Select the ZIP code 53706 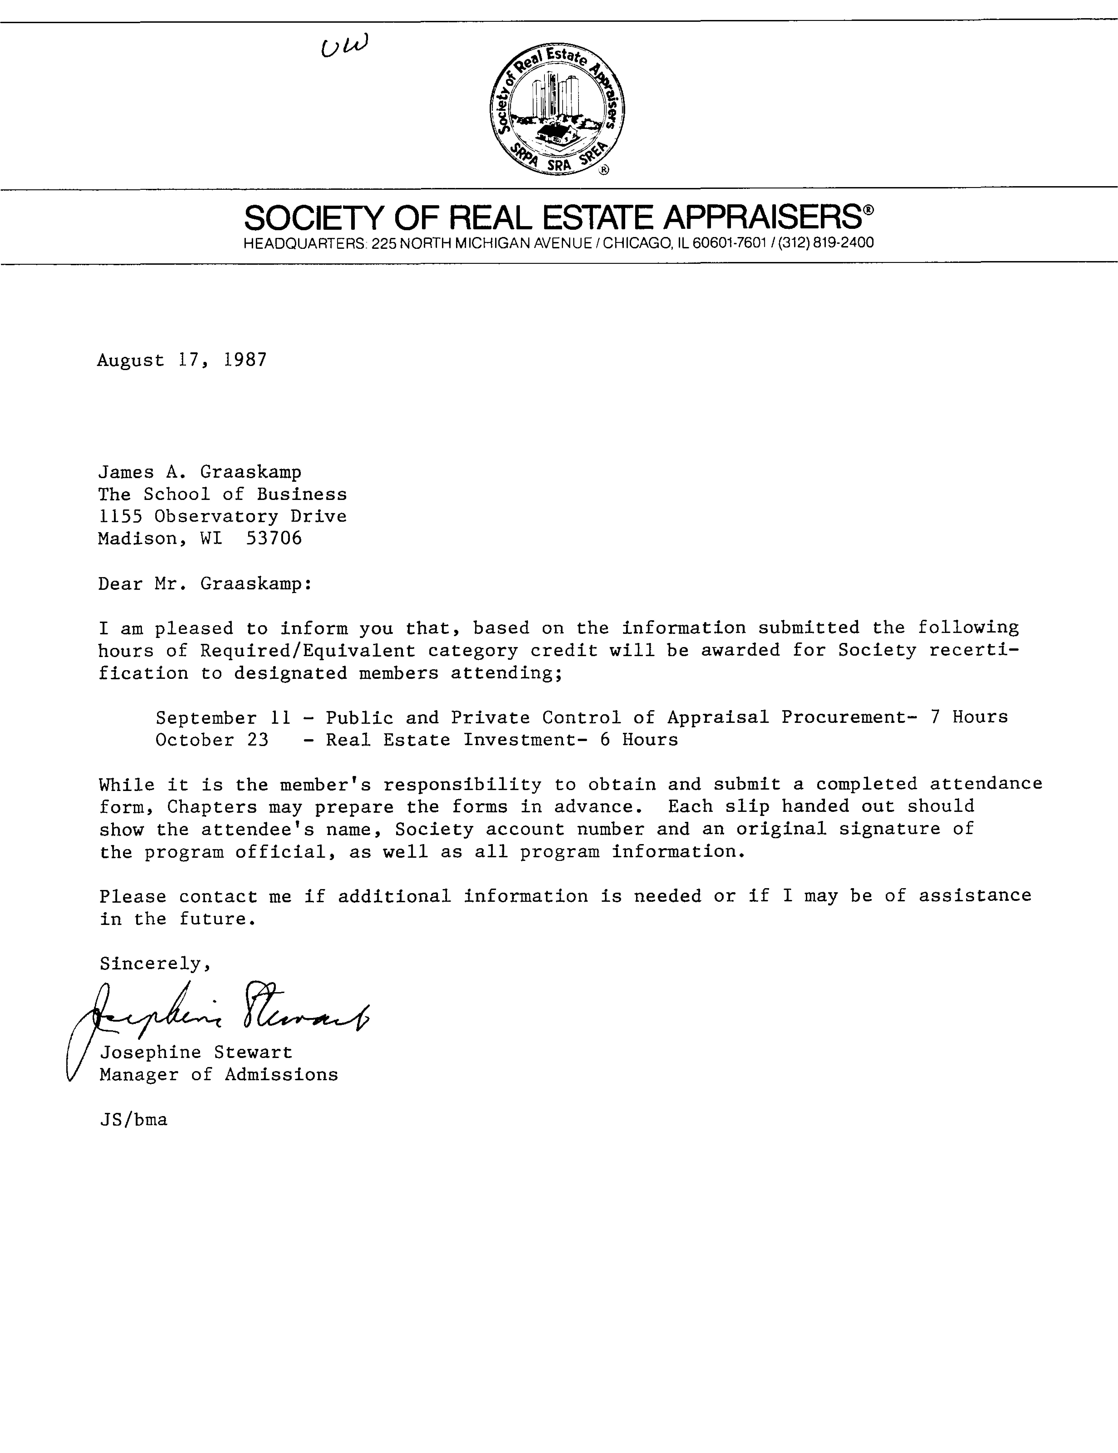coord(274,538)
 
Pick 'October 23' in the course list coord(212,740)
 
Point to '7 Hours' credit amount coord(969,717)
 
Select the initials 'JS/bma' coord(133,1120)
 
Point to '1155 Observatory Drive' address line coord(222,516)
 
